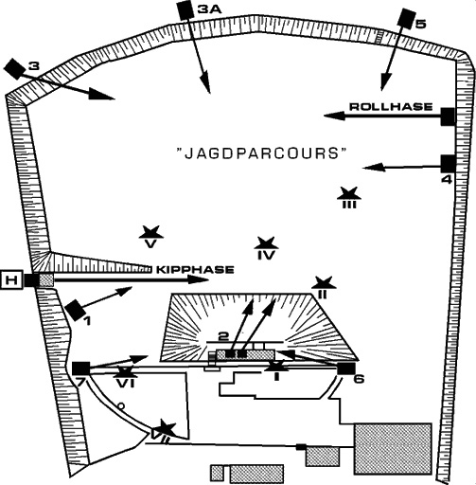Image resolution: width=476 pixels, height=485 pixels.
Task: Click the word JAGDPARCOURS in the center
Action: [260, 153]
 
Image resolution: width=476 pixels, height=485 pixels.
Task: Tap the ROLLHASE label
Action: [391, 107]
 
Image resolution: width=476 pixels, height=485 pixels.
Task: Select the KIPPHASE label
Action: [196, 270]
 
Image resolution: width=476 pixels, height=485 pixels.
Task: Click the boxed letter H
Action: [11, 279]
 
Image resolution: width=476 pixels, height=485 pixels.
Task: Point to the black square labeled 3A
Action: [185, 10]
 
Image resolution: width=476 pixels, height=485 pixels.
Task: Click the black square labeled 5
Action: [406, 18]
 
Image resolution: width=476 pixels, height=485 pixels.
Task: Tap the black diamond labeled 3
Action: [14, 68]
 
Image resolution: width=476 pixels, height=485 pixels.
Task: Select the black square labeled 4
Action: [448, 164]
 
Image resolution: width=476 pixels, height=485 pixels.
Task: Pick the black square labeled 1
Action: [76, 310]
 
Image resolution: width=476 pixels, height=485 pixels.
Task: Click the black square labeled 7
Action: [81, 368]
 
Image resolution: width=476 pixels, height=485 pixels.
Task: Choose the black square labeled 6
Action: [346, 368]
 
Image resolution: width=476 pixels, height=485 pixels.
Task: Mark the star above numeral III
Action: [349, 193]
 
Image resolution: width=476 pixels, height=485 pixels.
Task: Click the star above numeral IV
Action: [266, 243]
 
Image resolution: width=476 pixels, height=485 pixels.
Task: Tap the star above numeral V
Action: [151, 232]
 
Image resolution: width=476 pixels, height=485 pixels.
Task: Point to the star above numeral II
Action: [324, 282]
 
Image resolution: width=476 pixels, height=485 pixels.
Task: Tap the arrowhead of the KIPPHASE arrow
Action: [199, 279]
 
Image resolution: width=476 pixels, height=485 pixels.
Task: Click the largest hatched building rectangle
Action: [393, 448]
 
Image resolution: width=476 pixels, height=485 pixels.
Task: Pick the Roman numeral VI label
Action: [126, 384]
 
